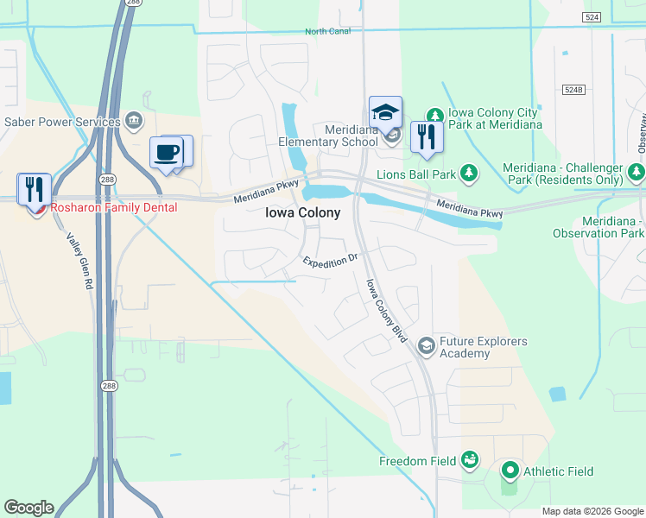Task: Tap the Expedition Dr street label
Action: [x=329, y=260]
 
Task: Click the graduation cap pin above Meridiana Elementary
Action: [x=385, y=112]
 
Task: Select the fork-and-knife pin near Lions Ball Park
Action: [x=427, y=136]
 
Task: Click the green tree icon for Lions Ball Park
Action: [x=469, y=174]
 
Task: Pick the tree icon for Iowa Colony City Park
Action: [x=435, y=115]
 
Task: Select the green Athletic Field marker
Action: [x=510, y=471]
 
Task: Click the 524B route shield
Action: [x=573, y=90]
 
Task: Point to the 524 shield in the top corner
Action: [x=592, y=16]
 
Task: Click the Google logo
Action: [x=28, y=508]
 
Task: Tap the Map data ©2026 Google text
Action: [x=592, y=511]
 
